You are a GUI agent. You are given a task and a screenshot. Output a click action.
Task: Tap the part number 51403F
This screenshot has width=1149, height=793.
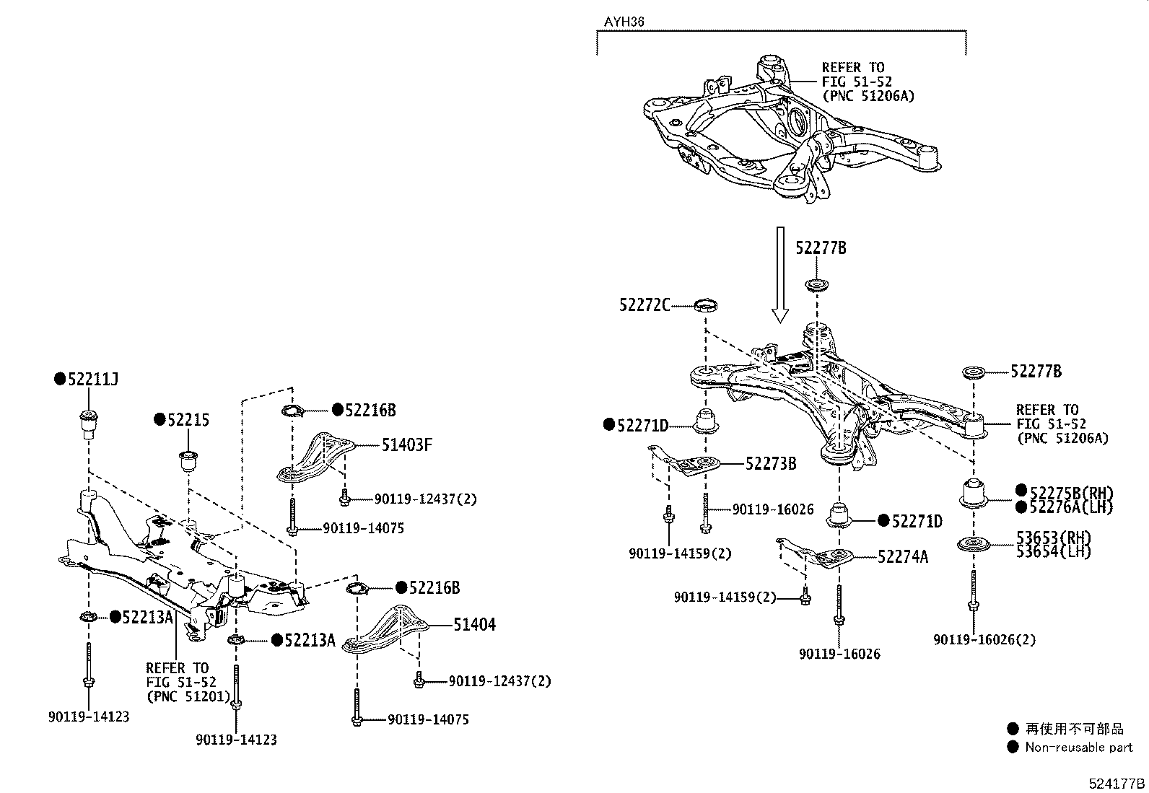[x=406, y=445]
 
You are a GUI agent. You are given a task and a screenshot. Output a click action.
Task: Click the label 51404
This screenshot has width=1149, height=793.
[x=474, y=625]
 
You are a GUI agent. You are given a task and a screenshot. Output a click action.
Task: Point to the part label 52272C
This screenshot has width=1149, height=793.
[x=645, y=305]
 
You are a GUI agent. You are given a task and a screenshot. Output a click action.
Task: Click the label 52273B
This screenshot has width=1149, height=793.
[x=771, y=464]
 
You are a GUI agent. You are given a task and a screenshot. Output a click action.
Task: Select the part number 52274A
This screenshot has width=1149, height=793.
[x=903, y=556]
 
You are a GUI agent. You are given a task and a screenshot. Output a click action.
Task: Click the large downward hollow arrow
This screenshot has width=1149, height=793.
[x=780, y=273]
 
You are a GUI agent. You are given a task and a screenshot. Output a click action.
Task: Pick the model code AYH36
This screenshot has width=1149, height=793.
[x=624, y=22]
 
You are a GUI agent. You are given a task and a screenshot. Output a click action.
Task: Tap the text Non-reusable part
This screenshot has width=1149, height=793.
[x=1078, y=748]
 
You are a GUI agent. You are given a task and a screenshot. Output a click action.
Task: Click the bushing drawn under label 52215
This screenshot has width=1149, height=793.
[x=188, y=459]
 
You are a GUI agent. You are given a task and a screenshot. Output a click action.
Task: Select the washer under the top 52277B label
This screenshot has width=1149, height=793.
[x=816, y=286]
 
